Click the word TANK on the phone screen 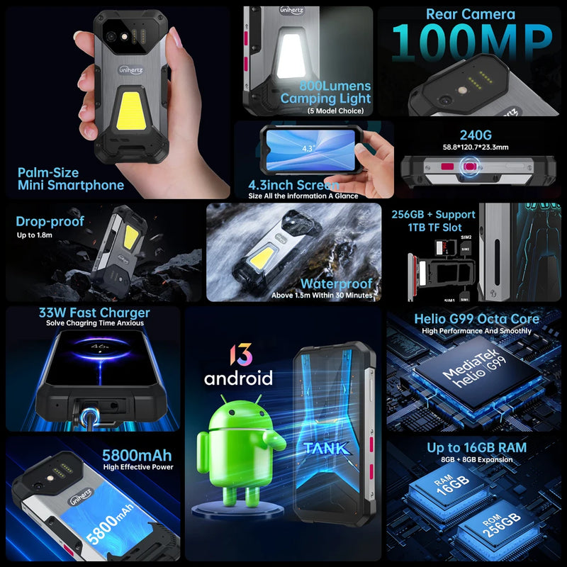(x=326, y=448)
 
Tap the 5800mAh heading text (x=137, y=454)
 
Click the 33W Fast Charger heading (x=95, y=313)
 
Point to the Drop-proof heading (x=50, y=221)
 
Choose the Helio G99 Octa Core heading (x=476, y=319)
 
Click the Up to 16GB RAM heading (x=476, y=448)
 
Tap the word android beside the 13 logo (x=238, y=377)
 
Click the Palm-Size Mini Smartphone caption (x=71, y=179)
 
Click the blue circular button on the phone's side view (x=468, y=167)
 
